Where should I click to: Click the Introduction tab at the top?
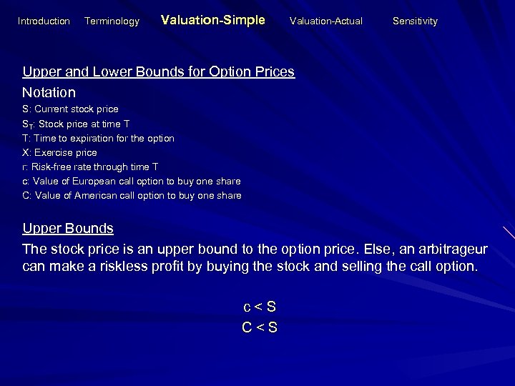pos(44,21)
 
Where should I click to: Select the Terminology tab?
pos(112,21)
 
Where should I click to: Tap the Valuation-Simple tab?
pos(213,21)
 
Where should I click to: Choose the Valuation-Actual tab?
pos(325,21)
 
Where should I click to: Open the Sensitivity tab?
pos(415,21)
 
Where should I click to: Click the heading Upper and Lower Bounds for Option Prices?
pos(158,72)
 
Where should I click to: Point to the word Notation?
pos(49,92)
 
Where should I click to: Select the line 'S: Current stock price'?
pos(70,109)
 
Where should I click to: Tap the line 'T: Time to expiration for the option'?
pos(98,138)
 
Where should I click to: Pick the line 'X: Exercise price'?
pos(59,152)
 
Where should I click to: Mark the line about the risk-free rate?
pos(89,167)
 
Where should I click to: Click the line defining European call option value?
pos(131,181)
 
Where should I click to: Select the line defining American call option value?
pos(132,195)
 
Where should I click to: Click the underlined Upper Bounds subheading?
pos(68,229)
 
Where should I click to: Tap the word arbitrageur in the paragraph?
pos(446,249)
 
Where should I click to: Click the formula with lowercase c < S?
pos(259,307)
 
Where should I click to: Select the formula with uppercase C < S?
pos(259,328)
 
